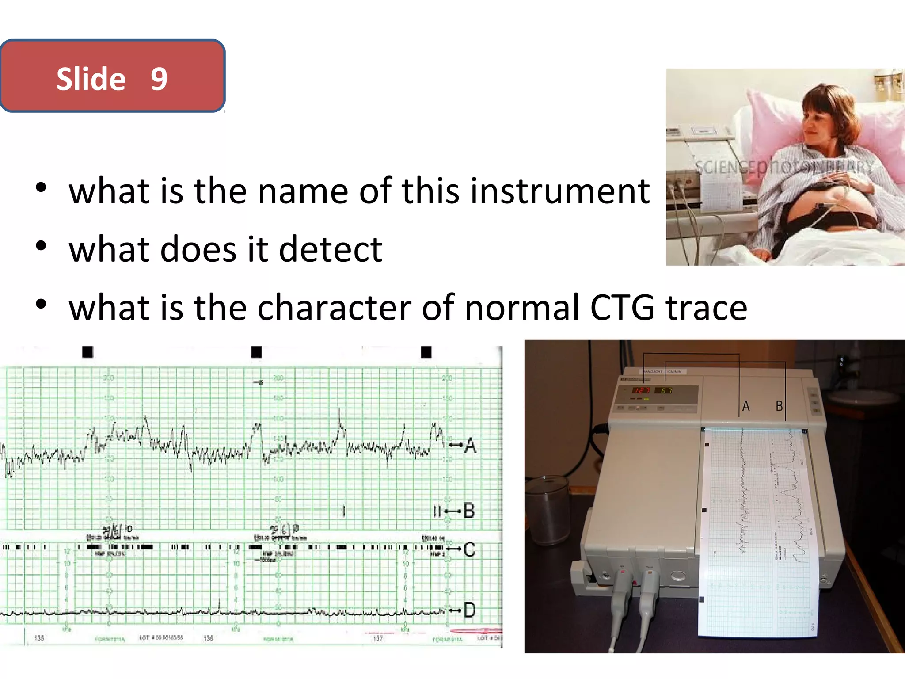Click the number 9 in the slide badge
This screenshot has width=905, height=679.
(x=159, y=79)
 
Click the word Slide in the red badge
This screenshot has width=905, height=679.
(x=91, y=79)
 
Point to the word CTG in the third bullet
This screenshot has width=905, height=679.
(x=622, y=307)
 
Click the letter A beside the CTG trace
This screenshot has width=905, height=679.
(x=471, y=445)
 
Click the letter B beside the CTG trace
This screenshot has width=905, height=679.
(x=469, y=511)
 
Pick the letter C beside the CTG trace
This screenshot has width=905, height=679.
(x=470, y=549)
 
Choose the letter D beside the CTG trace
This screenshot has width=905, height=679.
(x=470, y=610)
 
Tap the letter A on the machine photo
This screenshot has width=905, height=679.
(x=746, y=406)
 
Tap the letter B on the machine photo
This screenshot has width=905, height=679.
(x=780, y=406)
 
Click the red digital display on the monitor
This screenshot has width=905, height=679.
(x=641, y=390)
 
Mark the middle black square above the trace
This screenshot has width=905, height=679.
(x=257, y=352)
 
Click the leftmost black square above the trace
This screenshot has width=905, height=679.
(x=88, y=352)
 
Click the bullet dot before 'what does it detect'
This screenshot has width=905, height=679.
(x=41, y=246)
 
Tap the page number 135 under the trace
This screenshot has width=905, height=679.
(x=39, y=638)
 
